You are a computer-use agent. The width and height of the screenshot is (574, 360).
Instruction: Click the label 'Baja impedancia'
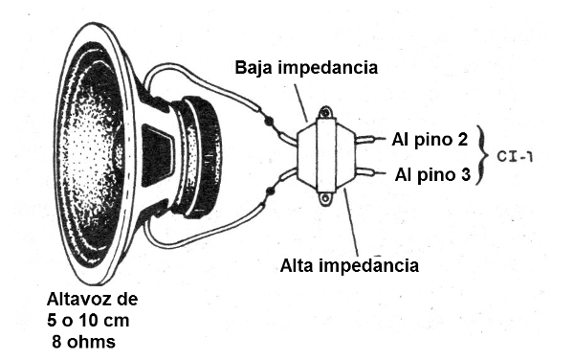(x=306, y=69)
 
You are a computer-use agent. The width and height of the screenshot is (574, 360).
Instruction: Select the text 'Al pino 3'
(x=429, y=174)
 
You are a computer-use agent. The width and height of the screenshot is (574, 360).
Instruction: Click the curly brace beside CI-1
(x=482, y=155)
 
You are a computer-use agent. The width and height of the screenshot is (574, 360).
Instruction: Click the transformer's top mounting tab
(x=324, y=113)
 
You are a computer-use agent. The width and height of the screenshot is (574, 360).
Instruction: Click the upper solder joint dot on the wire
(x=271, y=122)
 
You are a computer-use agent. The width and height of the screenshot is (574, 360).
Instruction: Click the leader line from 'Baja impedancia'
(x=298, y=100)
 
